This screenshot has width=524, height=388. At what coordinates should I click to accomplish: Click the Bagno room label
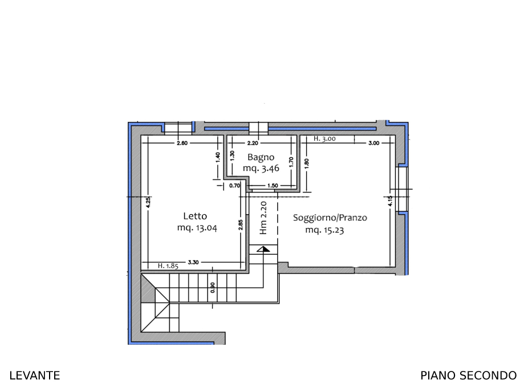(261, 157)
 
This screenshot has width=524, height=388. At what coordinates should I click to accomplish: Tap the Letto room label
(195, 216)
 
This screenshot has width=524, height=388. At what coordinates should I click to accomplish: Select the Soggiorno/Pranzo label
(330, 218)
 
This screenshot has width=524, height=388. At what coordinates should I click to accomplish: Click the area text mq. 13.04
(197, 228)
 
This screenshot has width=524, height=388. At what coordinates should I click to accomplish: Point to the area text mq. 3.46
(261, 168)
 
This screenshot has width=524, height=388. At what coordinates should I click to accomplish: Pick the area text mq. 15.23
(324, 230)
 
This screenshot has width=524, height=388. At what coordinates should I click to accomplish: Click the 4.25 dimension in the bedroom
(149, 202)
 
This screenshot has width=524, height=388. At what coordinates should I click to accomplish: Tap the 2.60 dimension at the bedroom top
(182, 143)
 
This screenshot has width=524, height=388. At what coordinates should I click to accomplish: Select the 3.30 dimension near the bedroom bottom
(193, 262)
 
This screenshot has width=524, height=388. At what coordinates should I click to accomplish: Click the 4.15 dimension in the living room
(391, 201)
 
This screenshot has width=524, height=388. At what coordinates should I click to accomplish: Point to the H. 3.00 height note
(324, 138)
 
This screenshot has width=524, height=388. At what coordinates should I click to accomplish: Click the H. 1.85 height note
(168, 266)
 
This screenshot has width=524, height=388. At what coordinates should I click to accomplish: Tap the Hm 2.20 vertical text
(263, 218)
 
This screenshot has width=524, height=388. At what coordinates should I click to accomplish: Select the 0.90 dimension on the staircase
(213, 288)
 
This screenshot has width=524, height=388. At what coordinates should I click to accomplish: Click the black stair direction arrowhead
(263, 249)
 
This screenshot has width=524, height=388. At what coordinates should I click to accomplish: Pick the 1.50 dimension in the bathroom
(273, 186)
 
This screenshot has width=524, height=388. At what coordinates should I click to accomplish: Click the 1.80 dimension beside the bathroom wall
(307, 164)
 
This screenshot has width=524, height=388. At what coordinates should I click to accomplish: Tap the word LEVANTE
(35, 375)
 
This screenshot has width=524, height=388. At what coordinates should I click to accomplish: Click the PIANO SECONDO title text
(469, 375)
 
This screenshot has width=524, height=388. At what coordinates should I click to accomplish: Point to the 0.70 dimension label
(234, 186)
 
